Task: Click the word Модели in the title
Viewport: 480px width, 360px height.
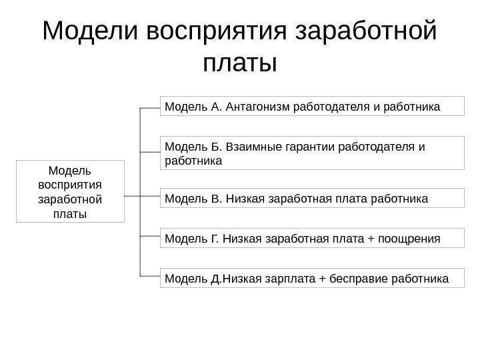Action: [x=89, y=31]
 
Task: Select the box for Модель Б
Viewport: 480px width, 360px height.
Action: [x=312, y=153]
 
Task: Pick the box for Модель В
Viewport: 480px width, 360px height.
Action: [x=312, y=198]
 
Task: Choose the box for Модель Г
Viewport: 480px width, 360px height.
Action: [x=312, y=237]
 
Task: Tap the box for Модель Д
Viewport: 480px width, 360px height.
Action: [x=312, y=277]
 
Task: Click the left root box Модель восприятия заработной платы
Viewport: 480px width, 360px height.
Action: [x=70, y=191]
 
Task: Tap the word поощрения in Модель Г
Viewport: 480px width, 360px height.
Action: [x=409, y=237]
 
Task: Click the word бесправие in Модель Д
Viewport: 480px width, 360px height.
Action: [x=359, y=277]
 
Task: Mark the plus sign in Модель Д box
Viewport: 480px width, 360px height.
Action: [x=323, y=277]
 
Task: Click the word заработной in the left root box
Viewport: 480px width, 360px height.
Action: [x=70, y=199]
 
